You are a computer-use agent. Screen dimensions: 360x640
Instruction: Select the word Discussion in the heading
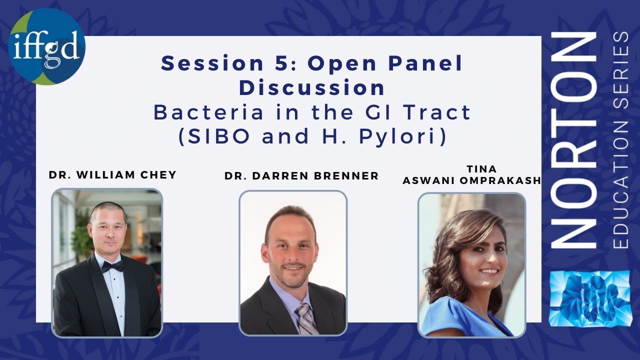tap(312, 88)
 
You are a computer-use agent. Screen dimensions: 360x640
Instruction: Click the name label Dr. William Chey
tap(112, 174)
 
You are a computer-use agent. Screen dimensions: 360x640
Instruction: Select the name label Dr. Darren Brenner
tap(301, 176)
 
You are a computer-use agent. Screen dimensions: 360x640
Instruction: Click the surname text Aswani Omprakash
tap(472, 180)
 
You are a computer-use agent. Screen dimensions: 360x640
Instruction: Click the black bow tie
tap(112, 266)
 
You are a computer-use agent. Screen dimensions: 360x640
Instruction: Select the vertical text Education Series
tap(621, 140)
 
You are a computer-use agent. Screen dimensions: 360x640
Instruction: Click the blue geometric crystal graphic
tap(590, 298)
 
